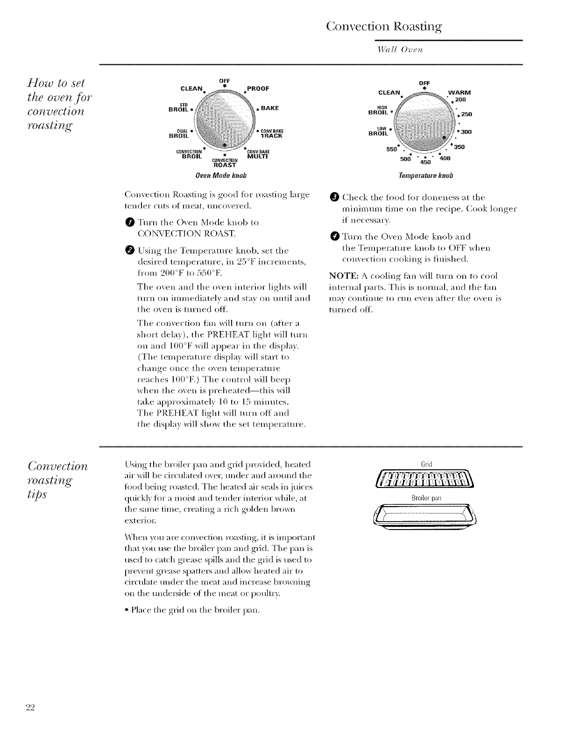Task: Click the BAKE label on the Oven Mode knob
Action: [x=270, y=108]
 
